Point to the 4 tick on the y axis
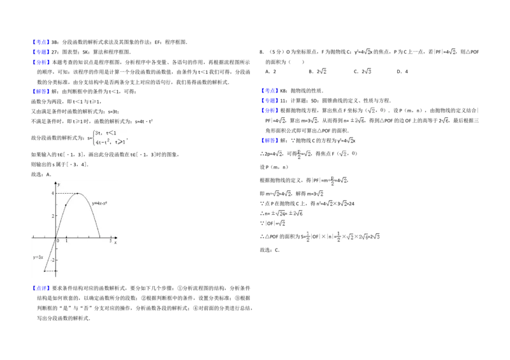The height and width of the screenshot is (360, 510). tap(53, 193)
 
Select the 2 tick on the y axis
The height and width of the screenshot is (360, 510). tap(53, 216)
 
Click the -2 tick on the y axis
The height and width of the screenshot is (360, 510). tap(52, 260)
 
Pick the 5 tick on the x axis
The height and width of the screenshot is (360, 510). tap(110, 241)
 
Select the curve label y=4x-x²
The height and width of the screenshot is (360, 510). tap(99, 203)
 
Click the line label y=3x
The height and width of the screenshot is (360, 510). tap(38, 257)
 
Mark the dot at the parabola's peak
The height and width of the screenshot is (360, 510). tap(77, 194)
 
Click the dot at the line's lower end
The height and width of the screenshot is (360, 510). tap(45, 271)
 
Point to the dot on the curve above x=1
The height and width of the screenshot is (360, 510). tap(66, 205)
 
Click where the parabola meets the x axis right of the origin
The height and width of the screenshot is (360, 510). tap(99, 237)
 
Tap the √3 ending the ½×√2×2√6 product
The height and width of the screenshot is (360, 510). tap(377, 236)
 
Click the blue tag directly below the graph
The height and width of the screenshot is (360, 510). tap(41, 289)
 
